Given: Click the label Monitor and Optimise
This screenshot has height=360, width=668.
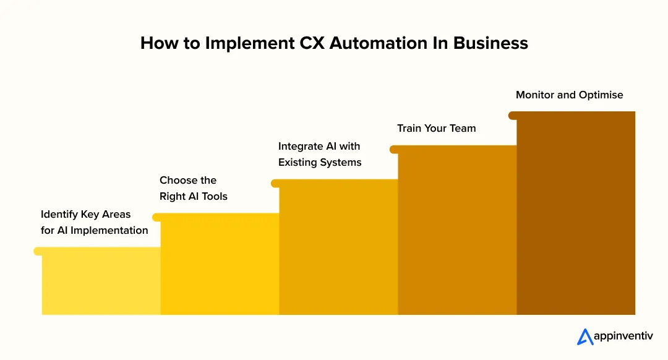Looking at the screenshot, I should click(x=569, y=95).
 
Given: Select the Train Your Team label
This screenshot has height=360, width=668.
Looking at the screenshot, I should click(x=436, y=129).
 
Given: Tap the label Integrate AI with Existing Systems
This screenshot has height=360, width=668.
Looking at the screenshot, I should click(x=319, y=155).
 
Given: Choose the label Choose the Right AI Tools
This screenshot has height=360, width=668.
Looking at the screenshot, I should click(x=193, y=188).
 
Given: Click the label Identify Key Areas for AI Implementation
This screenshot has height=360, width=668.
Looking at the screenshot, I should click(x=94, y=223).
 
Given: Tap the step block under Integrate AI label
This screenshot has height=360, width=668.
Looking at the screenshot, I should click(x=338, y=247).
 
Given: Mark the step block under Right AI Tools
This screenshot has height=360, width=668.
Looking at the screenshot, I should click(x=219, y=264).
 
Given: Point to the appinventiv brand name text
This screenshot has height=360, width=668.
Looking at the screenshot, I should click(x=622, y=337).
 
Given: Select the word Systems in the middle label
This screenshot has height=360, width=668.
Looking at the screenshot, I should click(x=340, y=163).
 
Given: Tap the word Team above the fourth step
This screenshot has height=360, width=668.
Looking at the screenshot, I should click(x=463, y=129).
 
